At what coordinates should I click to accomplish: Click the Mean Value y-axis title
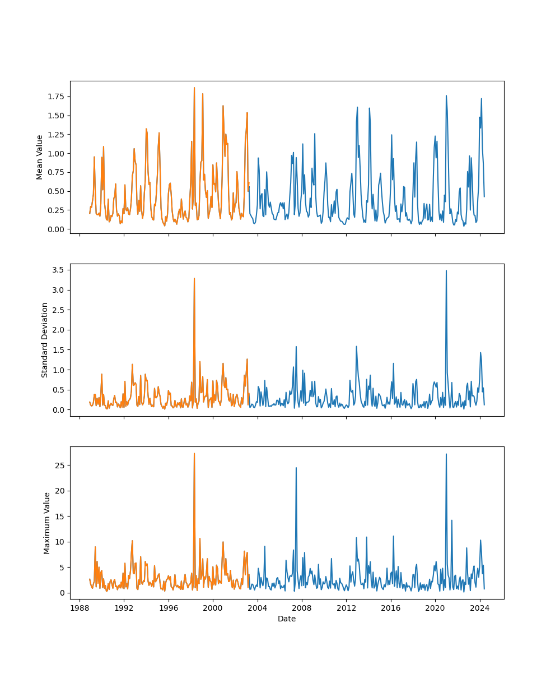coord(40,157)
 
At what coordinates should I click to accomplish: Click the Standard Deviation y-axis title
coord(45,340)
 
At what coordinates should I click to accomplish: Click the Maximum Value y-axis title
coord(47,523)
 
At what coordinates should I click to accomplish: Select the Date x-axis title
coord(287,619)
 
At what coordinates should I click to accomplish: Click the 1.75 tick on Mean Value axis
coord(55,96)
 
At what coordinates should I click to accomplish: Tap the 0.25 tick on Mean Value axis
coord(55,210)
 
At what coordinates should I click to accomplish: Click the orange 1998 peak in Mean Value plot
coord(194,87)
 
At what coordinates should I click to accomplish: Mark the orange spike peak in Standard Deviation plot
coord(194,278)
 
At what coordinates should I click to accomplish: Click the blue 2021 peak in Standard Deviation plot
coord(446,271)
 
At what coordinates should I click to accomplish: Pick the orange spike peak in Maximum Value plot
coord(194,454)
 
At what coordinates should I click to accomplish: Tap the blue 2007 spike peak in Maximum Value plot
coord(296,468)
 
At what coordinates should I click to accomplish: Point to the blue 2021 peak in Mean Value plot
coord(446,96)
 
